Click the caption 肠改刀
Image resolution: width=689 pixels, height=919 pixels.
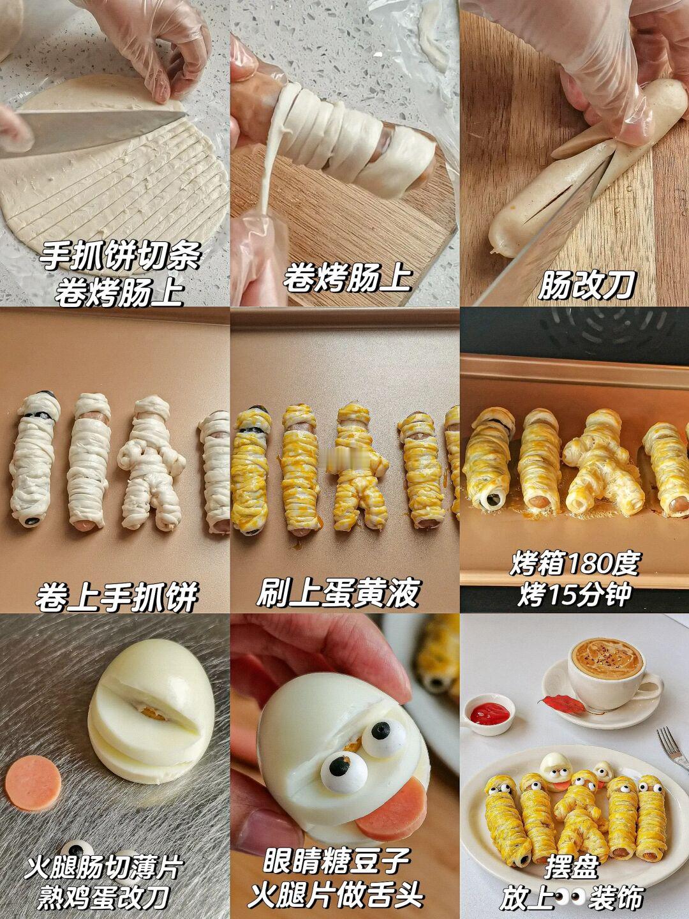pos(587,285)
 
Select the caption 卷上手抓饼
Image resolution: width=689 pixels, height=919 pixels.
pos(116,597)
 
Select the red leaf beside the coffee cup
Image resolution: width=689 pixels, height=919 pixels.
pos(563,704)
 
